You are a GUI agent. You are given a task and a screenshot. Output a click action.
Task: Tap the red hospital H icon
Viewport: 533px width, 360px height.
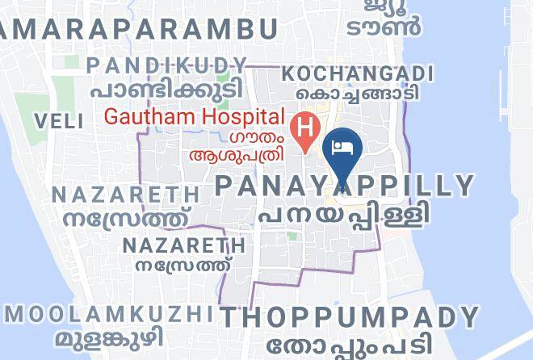(x=305, y=127)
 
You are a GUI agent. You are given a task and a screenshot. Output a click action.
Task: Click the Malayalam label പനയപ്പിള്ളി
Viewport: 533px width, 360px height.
(x=343, y=215)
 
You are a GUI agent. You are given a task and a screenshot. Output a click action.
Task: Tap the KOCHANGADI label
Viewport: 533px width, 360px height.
(x=359, y=73)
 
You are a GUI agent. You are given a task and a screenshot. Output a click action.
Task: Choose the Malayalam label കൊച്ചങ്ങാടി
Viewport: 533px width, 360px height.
(x=359, y=94)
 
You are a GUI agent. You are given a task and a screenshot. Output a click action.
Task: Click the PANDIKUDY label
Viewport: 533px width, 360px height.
(x=167, y=65)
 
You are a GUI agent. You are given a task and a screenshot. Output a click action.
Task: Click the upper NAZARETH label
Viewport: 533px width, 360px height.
(x=125, y=195)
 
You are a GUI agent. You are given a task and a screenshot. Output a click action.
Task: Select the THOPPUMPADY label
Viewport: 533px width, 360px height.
(x=350, y=316)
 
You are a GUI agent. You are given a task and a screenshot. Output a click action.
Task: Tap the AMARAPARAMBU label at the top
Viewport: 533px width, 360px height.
(x=137, y=30)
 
